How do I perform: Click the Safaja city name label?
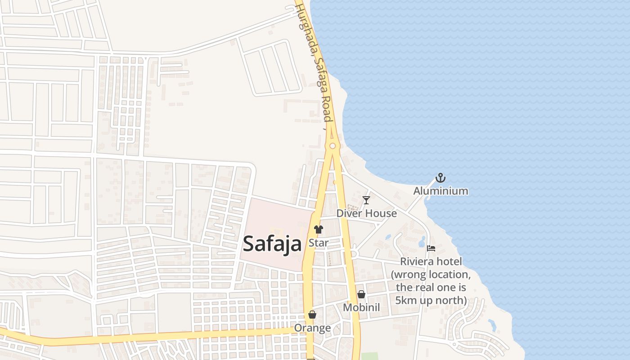272,244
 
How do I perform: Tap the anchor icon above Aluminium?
441,178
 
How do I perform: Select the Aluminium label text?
441,191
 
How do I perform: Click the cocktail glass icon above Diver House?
366,200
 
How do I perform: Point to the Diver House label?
366,213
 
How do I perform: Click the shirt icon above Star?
319,229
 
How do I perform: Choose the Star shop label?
319,243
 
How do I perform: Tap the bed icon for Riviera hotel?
431,248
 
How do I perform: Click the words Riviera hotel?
431,261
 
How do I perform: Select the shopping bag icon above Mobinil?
361,294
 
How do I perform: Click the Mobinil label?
361,307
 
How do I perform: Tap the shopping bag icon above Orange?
312,315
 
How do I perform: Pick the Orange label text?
312,328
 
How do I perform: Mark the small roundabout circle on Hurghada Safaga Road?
333,146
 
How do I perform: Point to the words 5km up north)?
431,300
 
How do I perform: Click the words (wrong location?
431,274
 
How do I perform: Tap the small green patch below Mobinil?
369,356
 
